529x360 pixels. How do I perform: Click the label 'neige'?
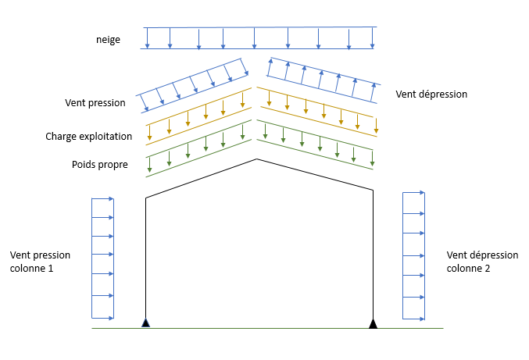[109, 39]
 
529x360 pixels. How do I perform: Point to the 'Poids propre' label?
[98, 164]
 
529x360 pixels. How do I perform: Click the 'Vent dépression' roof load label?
[431, 94]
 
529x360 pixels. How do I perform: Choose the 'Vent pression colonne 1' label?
[40, 262]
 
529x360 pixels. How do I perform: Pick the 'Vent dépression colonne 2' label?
[481, 262]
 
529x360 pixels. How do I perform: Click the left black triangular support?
[145, 323]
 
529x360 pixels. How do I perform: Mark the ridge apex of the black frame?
[256, 159]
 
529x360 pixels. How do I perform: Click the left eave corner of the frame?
[146, 198]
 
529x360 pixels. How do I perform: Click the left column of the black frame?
[146, 258]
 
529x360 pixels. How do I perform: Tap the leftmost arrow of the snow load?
[147, 38]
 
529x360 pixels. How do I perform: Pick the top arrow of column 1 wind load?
[103, 198]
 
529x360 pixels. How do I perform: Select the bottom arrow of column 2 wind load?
[414, 318]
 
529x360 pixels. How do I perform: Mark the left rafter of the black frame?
[201, 179]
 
